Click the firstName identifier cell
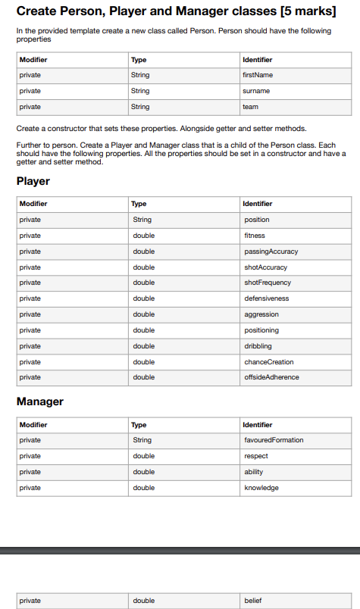(x=257, y=75)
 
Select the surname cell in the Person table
(x=256, y=91)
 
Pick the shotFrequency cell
(x=268, y=283)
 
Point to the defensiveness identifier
(x=267, y=298)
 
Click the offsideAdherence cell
(x=271, y=377)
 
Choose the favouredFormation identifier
(x=274, y=440)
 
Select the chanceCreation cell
(x=269, y=362)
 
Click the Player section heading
(x=33, y=181)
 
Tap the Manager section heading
(x=39, y=401)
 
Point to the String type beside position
(x=142, y=220)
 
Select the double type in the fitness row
(x=143, y=236)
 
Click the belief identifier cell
(x=252, y=601)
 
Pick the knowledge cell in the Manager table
(x=261, y=488)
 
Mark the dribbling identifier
(x=258, y=346)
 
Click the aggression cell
(x=261, y=314)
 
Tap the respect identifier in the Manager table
(x=255, y=456)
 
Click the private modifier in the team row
(x=30, y=107)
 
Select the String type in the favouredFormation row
(x=142, y=440)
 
